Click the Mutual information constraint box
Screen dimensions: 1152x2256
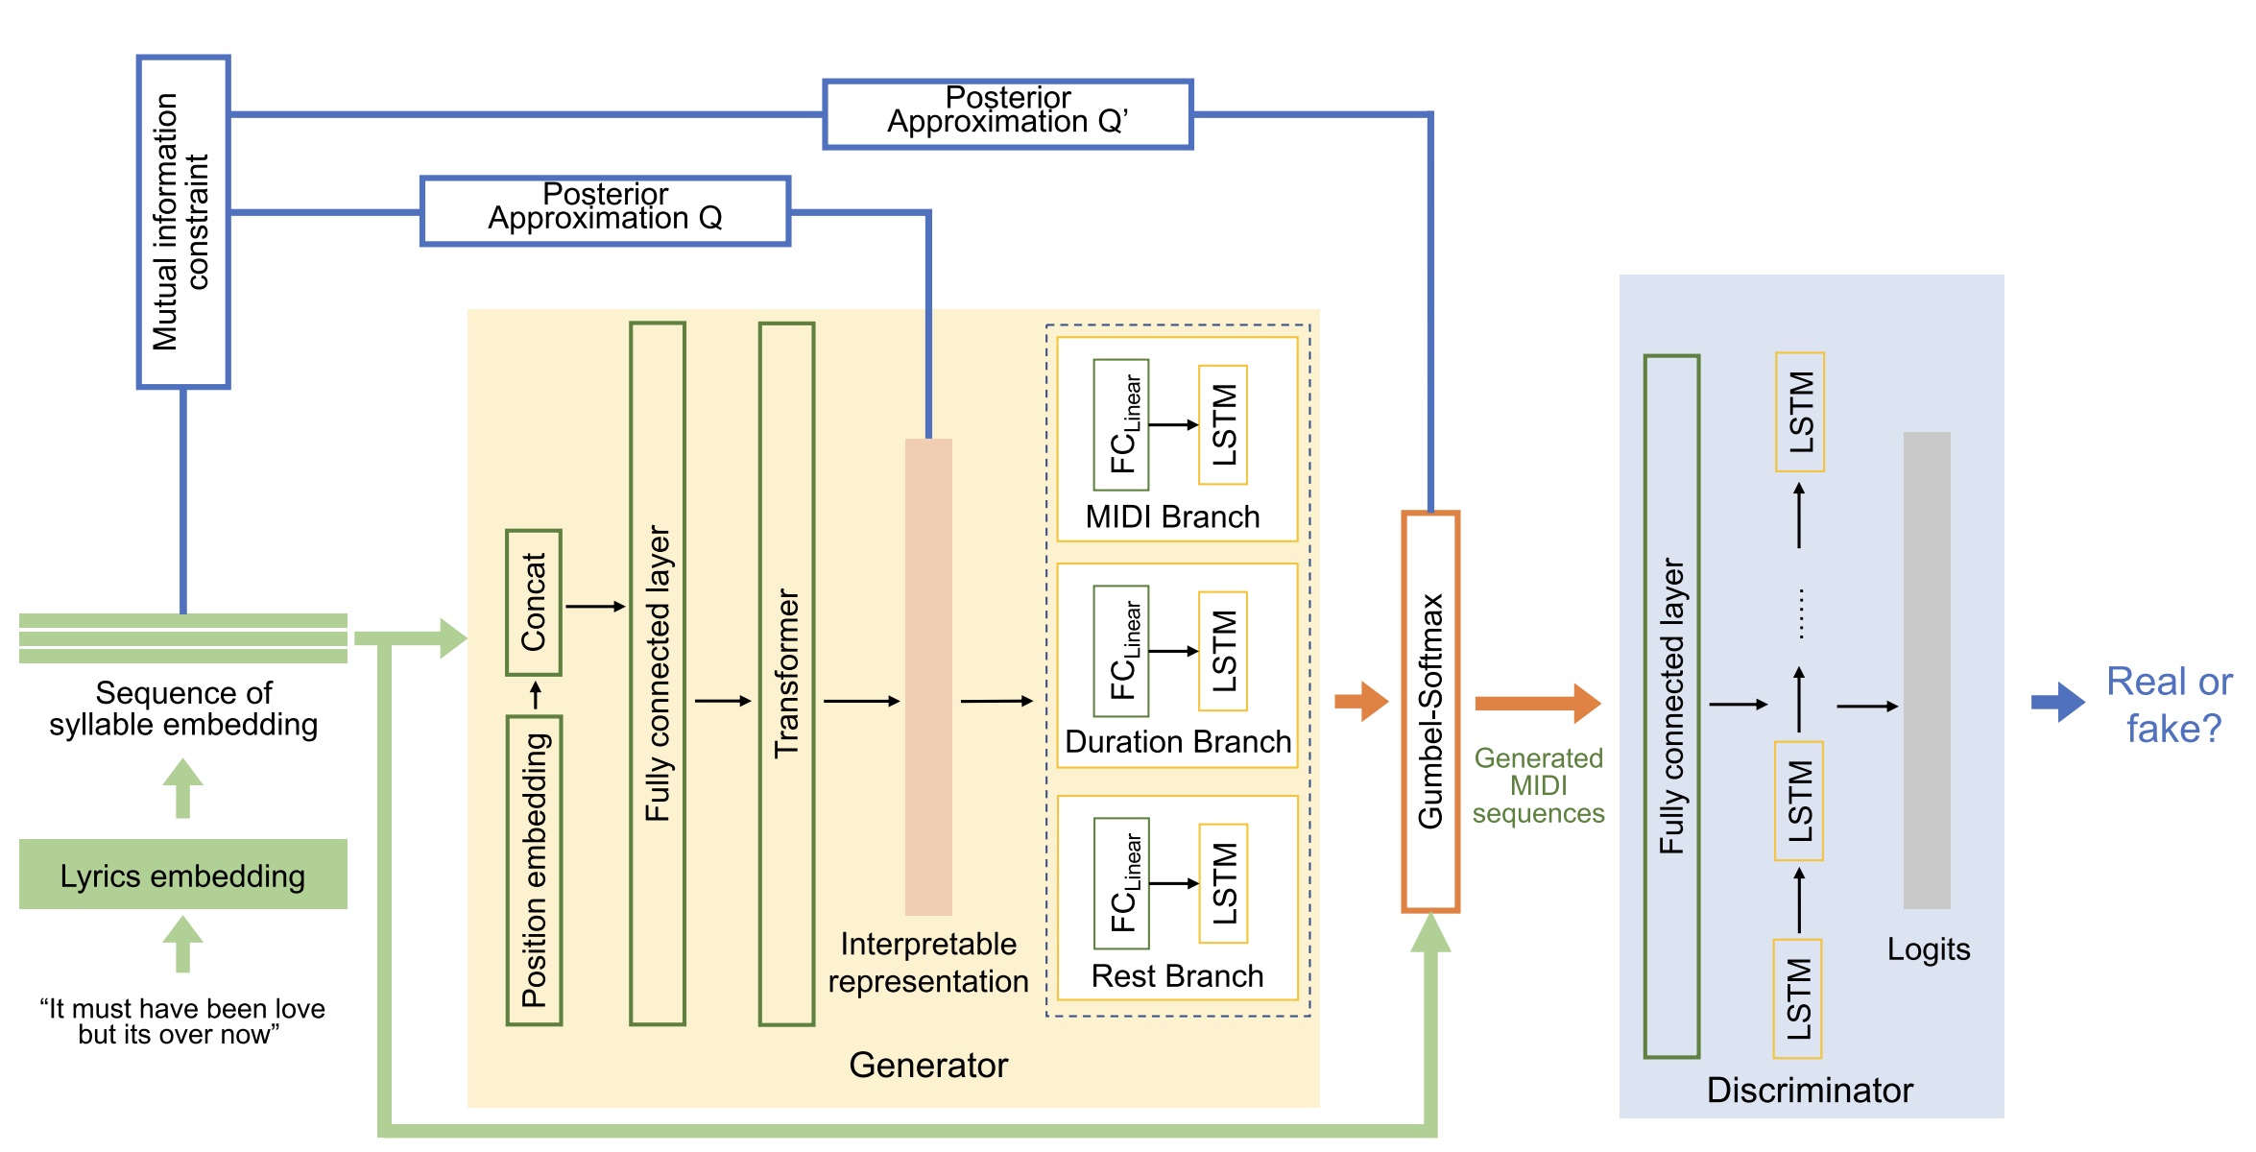click(x=183, y=222)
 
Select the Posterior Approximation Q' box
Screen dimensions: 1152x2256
click(x=1008, y=114)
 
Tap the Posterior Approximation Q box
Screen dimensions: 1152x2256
click(x=605, y=210)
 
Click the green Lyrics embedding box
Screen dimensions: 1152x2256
click(x=182, y=875)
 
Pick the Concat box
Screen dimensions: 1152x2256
click(x=534, y=602)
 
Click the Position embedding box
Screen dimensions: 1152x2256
click(x=534, y=870)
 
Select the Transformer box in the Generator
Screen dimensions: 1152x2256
click(x=786, y=674)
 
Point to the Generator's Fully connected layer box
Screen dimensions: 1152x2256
click(x=658, y=674)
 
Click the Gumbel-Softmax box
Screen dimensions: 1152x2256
click(x=1430, y=711)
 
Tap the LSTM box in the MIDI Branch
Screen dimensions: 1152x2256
click(x=1223, y=424)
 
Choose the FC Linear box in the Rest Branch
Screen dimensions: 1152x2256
click(x=1121, y=883)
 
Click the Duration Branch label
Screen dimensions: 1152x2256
click(x=1178, y=742)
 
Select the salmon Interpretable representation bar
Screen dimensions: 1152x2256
click(x=928, y=677)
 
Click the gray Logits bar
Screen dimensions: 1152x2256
click(x=1927, y=670)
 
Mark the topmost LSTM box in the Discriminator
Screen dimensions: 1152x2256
click(x=1800, y=412)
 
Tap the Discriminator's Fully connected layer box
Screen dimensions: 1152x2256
click(x=1671, y=707)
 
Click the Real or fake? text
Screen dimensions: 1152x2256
click(x=2172, y=705)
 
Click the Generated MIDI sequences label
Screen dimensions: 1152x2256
click(x=1538, y=785)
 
